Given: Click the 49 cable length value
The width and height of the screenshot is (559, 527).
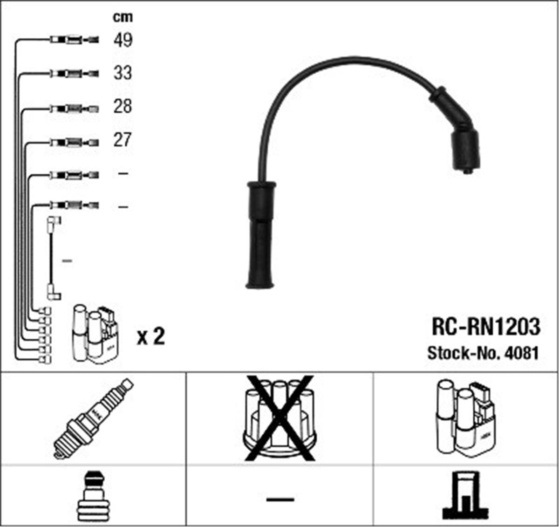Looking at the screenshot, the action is click(x=123, y=40).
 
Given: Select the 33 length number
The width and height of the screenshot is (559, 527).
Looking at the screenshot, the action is click(x=123, y=73).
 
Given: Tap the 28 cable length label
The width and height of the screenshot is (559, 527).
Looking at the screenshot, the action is click(x=123, y=106).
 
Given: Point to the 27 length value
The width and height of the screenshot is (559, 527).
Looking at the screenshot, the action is click(x=123, y=140).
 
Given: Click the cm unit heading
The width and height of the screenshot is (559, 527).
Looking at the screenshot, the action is click(x=123, y=17).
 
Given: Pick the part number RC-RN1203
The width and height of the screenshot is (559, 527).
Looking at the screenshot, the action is click(x=486, y=327).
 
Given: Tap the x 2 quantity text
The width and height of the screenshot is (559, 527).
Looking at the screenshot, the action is click(x=150, y=337).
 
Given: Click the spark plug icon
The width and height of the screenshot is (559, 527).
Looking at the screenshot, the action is click(x=93, y=420).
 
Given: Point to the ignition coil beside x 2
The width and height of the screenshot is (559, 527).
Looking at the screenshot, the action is click(x=97, y=334).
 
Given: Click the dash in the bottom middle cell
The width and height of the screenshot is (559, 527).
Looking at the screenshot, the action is click(x=280, y=500).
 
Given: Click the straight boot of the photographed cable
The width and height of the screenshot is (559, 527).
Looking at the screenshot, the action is click(x=260, y=235).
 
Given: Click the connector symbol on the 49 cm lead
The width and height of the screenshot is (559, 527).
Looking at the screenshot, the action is click(x=74, y=40).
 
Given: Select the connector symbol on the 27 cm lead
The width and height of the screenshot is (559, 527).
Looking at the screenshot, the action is click(x=74, y=143).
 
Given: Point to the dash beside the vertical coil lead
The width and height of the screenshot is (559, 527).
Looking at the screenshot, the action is click(x=67, y=261).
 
